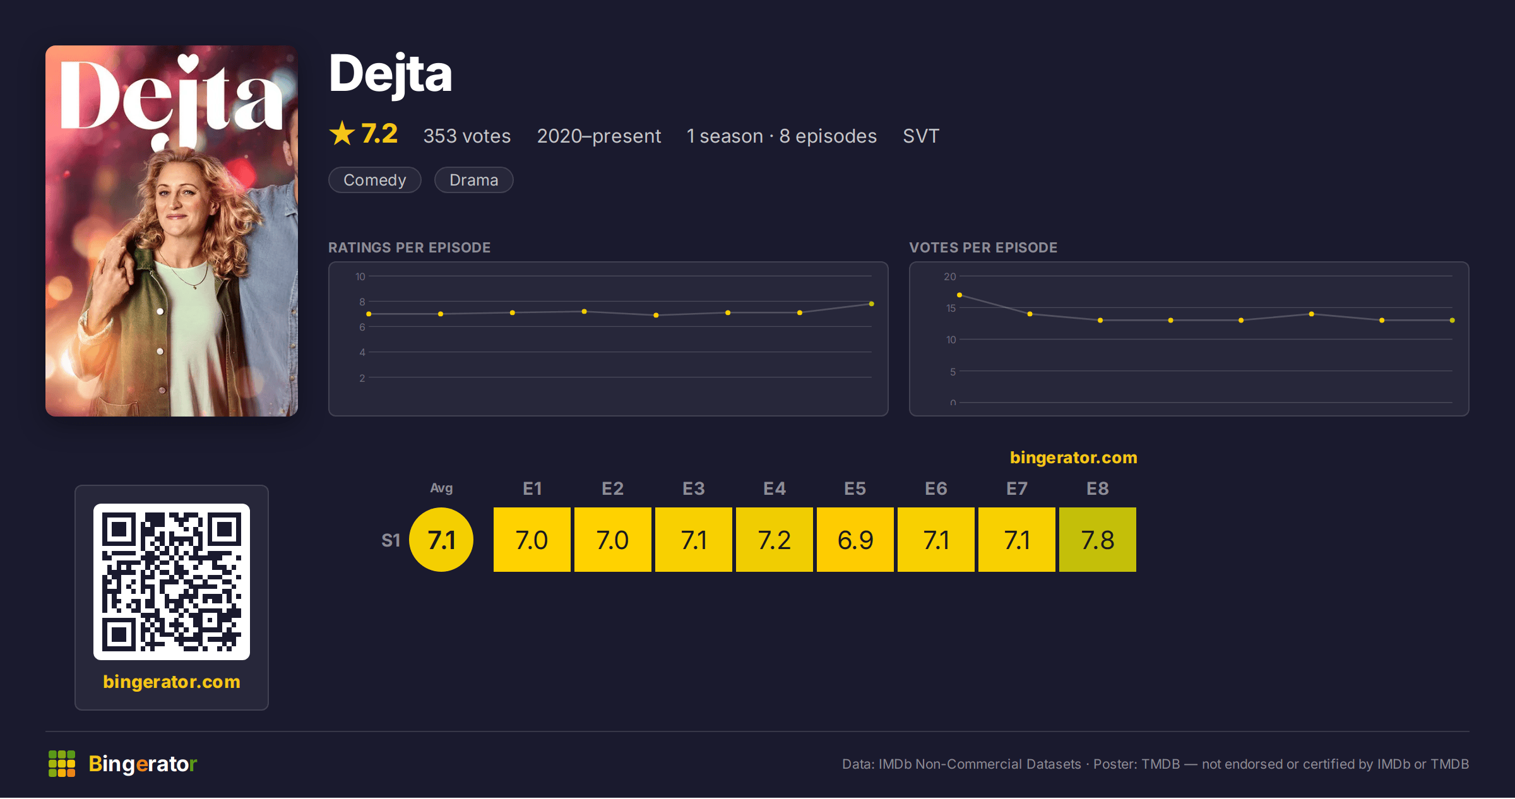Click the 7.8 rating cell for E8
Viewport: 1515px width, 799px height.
1098,540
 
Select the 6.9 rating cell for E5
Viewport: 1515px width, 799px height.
855,540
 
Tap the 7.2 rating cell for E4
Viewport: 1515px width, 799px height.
775,540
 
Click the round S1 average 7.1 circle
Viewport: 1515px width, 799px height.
441,540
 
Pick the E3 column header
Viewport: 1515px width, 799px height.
694,488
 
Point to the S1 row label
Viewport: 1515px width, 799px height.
391,540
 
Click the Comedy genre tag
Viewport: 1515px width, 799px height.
375,180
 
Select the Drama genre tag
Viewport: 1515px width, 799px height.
474,180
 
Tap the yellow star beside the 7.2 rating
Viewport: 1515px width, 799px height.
342,133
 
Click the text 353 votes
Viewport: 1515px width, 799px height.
467,136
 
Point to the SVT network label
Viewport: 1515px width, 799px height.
921,136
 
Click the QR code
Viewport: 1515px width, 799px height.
172,582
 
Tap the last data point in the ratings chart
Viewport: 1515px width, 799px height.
872,304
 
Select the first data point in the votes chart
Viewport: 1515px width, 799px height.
959,295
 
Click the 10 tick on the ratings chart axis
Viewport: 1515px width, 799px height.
360,276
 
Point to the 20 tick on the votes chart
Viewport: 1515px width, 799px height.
950,276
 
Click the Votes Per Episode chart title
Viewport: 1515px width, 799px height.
983,247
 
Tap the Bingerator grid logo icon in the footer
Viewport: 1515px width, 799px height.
62,764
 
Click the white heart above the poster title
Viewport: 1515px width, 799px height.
188,62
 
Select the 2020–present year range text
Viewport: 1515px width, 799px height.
599,136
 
